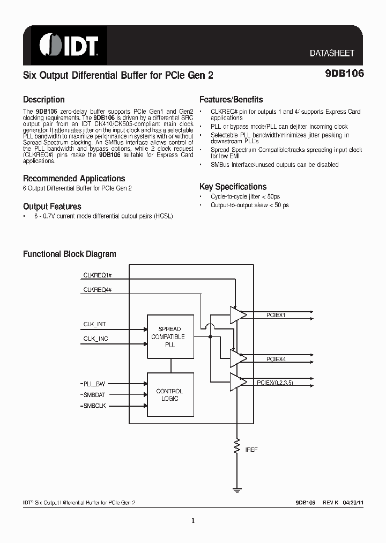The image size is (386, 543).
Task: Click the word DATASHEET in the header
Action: point(332,54)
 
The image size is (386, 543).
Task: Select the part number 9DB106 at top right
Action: point(344,75)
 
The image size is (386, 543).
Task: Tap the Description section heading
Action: point(43,100)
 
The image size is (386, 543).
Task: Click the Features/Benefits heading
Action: point(231,100)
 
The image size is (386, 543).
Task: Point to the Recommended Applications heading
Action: point(73,179)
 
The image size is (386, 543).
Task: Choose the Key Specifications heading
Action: point(233,187)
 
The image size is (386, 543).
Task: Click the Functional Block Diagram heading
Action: point(69,254)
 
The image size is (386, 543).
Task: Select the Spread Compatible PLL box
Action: point(170,337)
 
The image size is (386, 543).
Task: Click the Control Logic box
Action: point(170,395)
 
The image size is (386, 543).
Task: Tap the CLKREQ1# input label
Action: point(97,275)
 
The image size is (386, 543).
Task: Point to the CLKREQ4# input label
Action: point(97,290)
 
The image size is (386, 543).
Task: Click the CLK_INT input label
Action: point(95,325)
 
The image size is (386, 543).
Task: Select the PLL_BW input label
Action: point(94,384)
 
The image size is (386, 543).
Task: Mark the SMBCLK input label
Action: point(94,406)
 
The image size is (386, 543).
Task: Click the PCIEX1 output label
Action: point(276,315)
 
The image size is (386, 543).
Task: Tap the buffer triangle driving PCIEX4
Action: point(237,357)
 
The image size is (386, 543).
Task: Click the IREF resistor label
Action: point(251,450)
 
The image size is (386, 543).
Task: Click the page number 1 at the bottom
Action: point(193,520)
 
